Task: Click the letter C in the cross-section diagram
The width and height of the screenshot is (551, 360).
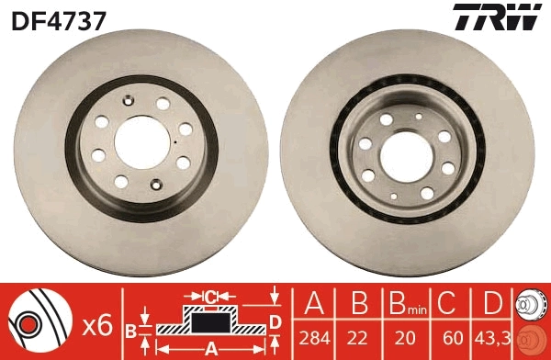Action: [x=211, y=296]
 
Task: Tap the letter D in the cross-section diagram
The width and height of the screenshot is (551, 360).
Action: [x=275, y=320]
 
